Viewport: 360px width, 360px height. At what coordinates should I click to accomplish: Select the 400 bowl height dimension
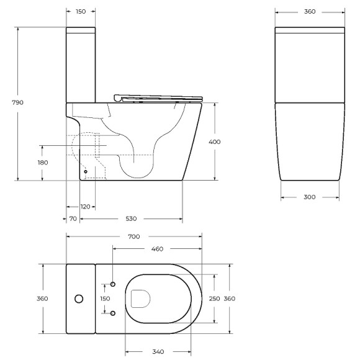[215, 142]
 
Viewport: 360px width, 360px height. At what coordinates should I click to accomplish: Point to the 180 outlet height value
[42, 162]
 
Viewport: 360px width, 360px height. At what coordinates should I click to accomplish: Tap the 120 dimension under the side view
[85, 206]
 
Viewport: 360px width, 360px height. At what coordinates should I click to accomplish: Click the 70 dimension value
[73, 218]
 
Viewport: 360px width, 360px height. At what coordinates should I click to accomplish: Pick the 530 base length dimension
[131, 218]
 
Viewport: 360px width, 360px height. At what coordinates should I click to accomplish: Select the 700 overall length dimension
[133, 236]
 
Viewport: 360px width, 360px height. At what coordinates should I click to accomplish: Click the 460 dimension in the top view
[157, 249]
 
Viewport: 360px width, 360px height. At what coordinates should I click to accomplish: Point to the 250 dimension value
[215, 299]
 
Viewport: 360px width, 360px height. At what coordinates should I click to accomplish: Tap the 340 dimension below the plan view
[158, 352]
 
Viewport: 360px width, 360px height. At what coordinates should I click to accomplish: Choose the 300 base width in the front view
[310, 197]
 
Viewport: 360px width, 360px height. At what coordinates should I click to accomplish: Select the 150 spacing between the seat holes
[105, 299]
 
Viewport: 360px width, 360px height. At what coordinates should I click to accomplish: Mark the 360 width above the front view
[310, 12]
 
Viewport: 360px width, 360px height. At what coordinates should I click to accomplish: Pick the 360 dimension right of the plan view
[229, 299]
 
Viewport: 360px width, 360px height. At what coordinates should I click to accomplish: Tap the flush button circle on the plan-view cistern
[78, 299]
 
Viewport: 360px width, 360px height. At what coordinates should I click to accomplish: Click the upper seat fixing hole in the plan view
[113, 284]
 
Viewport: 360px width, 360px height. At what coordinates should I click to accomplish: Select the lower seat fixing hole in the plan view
[113, 313]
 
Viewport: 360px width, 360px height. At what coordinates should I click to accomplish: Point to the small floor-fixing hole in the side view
[86, 171]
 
